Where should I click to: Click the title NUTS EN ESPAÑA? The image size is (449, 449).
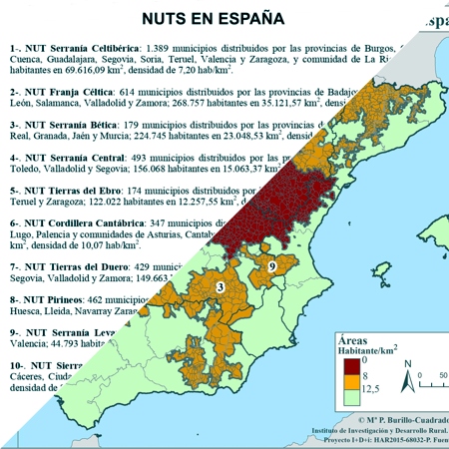point(213,18)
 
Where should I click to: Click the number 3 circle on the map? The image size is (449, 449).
point(219,287)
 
